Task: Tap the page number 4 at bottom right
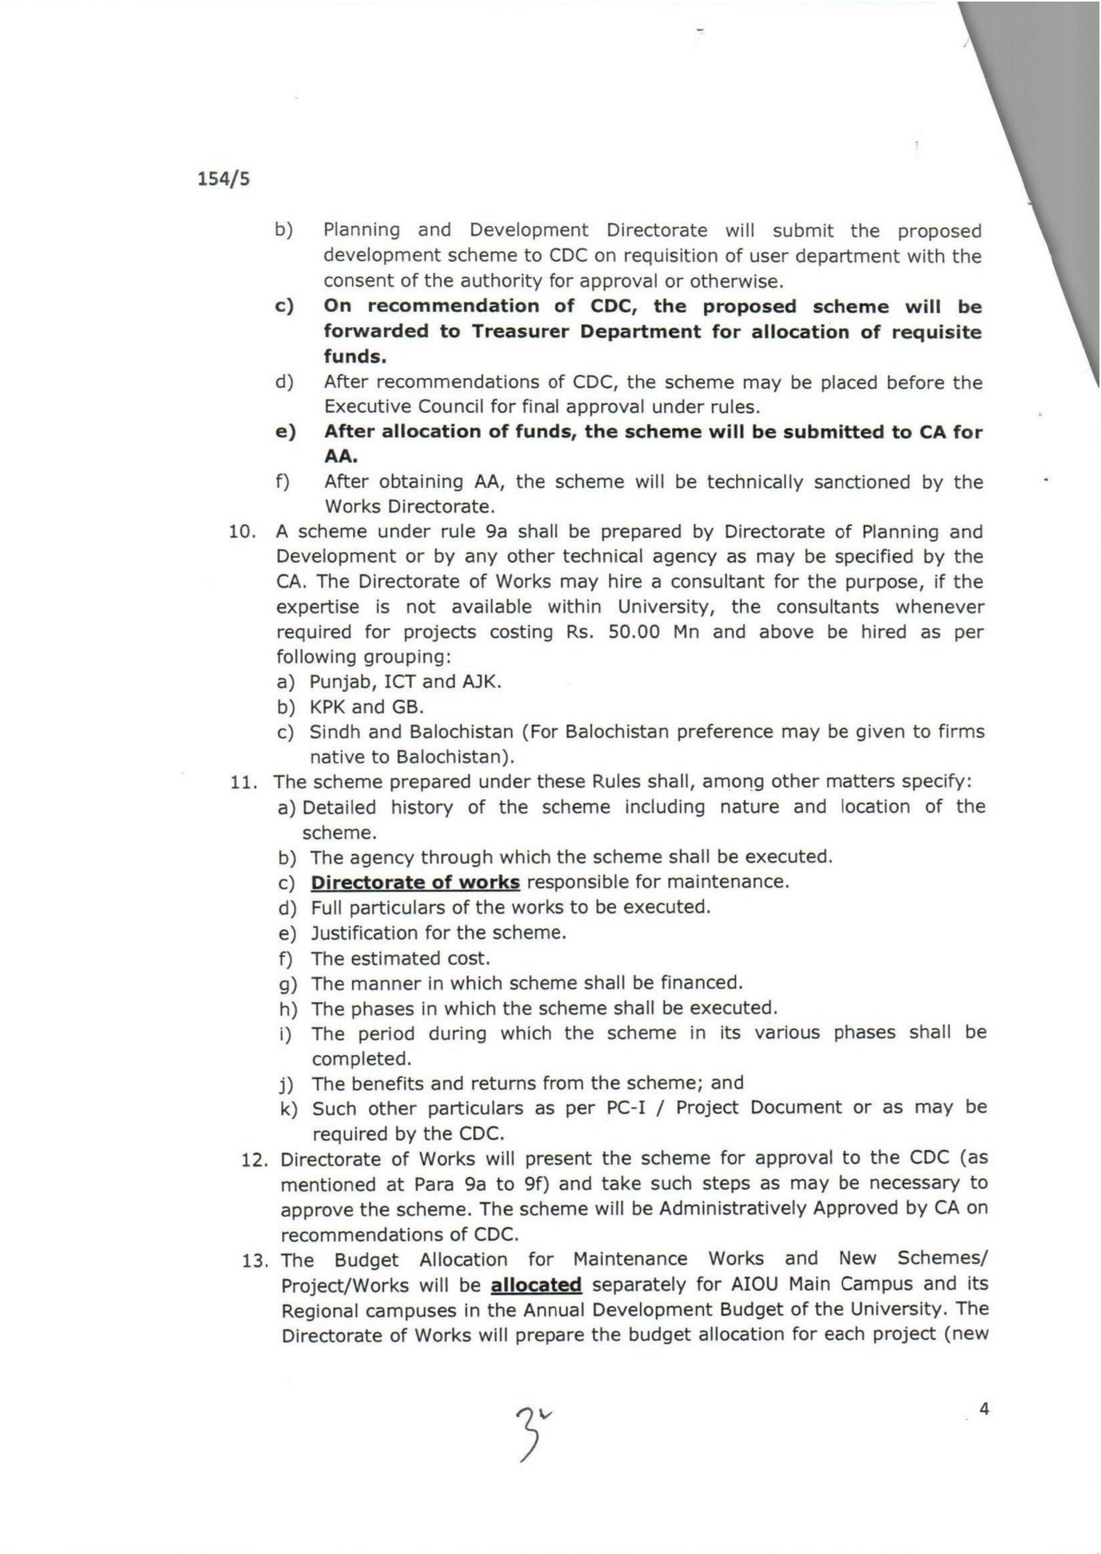[985, 1409]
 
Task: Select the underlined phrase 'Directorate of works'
[415, 882]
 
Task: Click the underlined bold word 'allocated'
[536, 1285]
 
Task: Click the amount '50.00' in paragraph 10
[634, 632]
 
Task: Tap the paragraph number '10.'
[242, 532]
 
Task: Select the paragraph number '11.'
[244, 782]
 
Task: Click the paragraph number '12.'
[255, 1159]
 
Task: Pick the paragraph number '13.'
[255, 1260]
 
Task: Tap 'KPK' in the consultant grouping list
[327, 707]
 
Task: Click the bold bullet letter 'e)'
[286, 432]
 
